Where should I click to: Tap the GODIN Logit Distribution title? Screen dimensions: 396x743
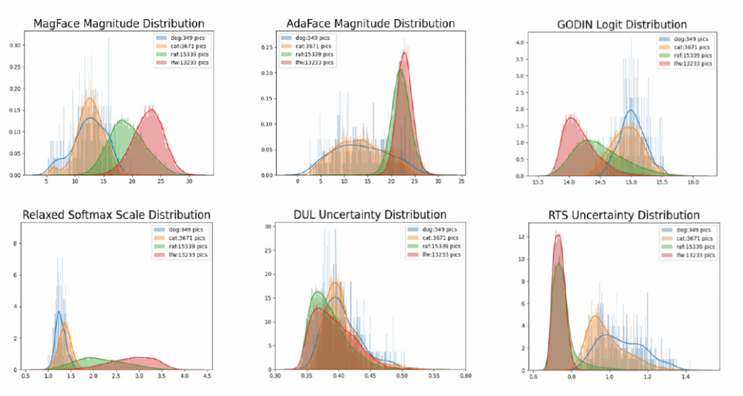click(x=613, y=25)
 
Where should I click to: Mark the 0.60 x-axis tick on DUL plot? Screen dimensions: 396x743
click(x=466, y=377)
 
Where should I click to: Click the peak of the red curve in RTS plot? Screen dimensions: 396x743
click(x=559, y=235)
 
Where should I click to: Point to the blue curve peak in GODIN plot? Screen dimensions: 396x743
click(x=632, y=111)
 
